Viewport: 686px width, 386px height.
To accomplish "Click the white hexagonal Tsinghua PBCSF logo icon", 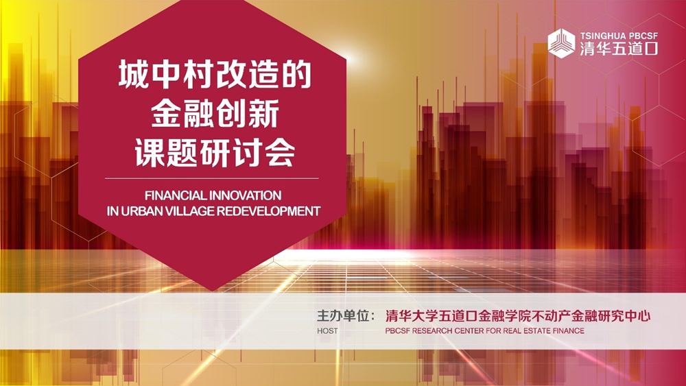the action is coord(561,43).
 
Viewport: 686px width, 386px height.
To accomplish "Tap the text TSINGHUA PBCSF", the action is coord(619,36).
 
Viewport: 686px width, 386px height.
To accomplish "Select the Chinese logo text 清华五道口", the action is coord(619,49).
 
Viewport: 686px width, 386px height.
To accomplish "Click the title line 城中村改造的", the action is coord(215,75).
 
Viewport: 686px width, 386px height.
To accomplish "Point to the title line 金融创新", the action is coord(215,114).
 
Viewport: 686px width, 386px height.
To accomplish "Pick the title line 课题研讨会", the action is coord(215,153).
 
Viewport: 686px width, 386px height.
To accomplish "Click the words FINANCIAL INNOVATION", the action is coord(213,195).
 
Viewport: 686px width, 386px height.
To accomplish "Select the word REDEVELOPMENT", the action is coord(269,211).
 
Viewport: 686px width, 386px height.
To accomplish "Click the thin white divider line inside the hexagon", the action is coord(212,178).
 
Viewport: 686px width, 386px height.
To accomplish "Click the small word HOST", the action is coord(327,331).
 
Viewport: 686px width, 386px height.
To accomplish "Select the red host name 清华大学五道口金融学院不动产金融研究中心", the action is coord(517,315).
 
